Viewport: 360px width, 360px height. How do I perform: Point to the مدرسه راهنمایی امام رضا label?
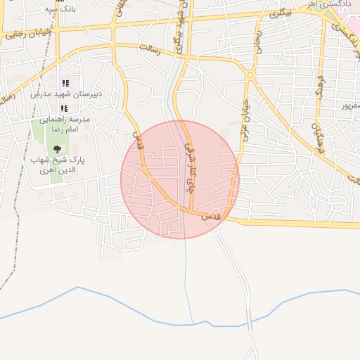pyautogui.click(x=65, y=125)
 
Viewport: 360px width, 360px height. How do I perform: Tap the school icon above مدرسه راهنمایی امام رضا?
pyautogui.click(x=64, y=108)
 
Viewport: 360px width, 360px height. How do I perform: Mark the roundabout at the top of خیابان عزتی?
pyautogui.click(x=250, y=74)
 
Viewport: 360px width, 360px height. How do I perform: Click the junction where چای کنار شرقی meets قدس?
pyautogui.click(x=191, y=211)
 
